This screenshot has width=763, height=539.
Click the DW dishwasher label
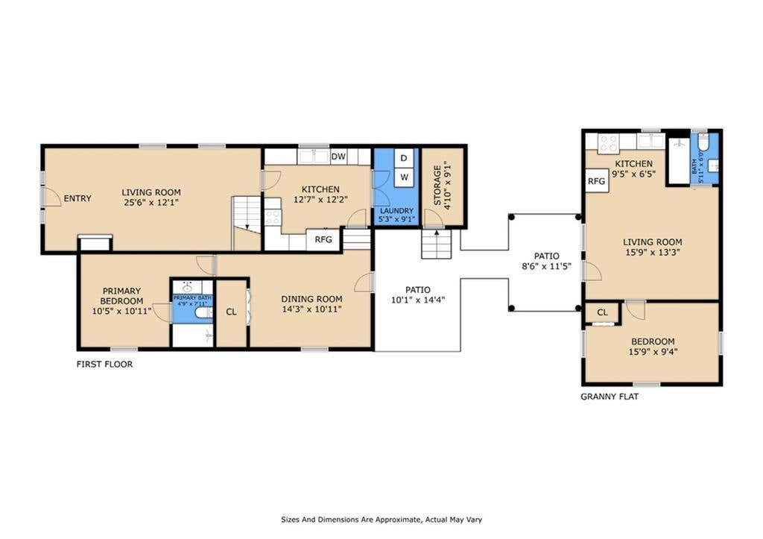coord(338,157)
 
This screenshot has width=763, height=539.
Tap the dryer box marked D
coord(404,158)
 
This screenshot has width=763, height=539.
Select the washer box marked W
coord(404,177)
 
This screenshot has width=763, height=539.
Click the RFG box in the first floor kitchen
coord(323,239)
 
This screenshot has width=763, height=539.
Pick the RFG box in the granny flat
coord(597,181)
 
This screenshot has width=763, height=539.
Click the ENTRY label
coord(77,198)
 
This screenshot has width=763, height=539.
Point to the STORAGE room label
coord(437,186)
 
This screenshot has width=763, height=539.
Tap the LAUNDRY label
coord(396,211)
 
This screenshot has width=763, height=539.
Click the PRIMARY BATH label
coord(192,298)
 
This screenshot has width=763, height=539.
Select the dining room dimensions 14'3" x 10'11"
coord(311,309)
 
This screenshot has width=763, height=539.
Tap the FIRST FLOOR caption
coord(104,365)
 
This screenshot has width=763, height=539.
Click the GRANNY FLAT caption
coord(610,397)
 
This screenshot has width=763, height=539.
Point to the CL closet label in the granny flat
coord(602,312)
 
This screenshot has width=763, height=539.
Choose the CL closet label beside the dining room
coord(231,312)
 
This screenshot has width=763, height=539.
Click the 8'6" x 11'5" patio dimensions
coord(546,266)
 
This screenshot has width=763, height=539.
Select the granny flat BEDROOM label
coord(653,341)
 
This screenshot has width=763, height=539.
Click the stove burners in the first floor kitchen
coord(273,217)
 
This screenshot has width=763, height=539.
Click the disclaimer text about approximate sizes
coord(381,520)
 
